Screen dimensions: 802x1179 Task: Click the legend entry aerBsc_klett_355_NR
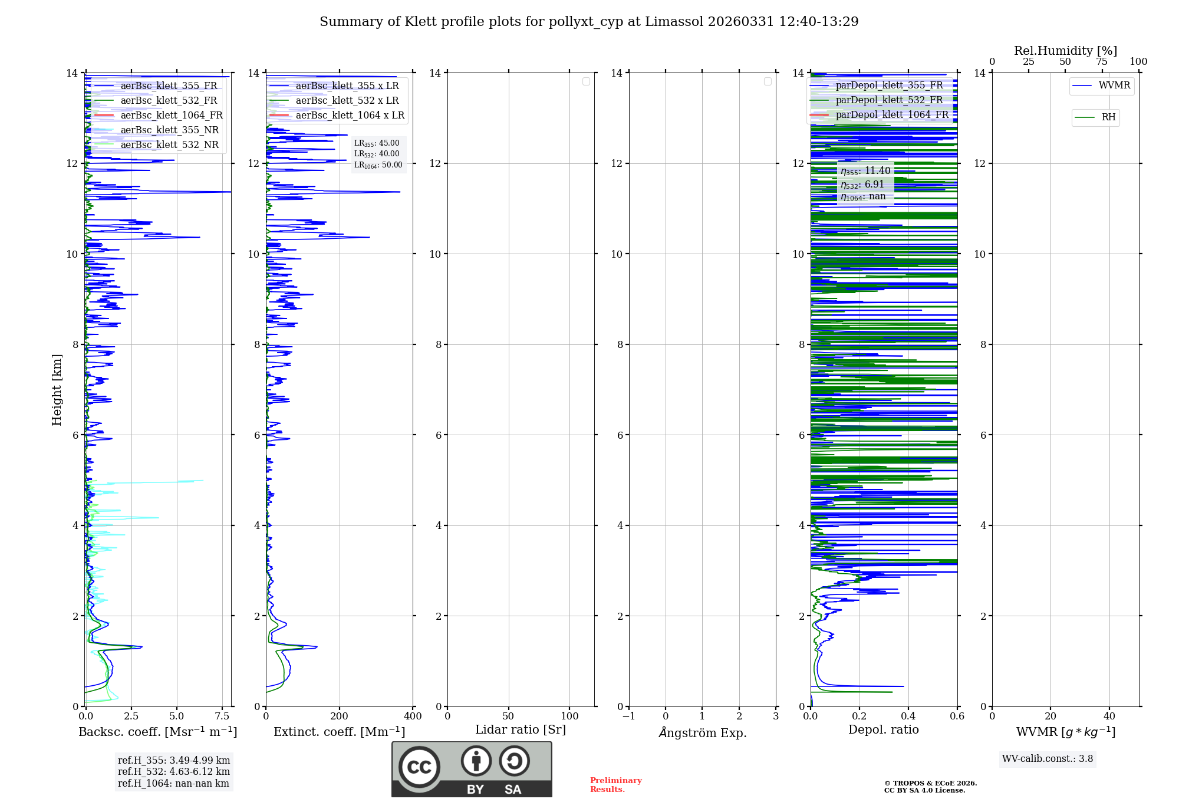169,130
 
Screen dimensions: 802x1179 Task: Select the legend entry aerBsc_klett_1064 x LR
350,115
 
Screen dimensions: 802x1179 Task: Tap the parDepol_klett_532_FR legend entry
889,100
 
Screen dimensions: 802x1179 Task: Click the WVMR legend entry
1114,86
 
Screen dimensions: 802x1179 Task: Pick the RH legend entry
1108,117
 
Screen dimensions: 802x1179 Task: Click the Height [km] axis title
57,390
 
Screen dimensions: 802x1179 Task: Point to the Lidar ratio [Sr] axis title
521,729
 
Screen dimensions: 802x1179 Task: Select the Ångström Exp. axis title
702,732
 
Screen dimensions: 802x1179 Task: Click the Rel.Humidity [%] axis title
1065,51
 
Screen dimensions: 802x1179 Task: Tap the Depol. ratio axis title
883,729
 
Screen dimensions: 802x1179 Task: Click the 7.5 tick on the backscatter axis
222,716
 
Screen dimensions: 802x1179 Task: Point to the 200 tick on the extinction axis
339,716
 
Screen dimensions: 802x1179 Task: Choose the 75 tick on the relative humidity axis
1101,61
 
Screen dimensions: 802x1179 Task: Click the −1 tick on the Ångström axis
629,716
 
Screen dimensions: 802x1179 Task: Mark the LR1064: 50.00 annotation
378,165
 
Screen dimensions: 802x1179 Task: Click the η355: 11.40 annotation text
865,171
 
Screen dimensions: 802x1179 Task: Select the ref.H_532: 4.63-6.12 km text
174,771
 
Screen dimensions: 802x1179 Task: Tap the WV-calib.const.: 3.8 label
1048,758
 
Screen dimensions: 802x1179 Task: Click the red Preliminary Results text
615,784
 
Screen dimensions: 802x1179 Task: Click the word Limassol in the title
674,22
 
